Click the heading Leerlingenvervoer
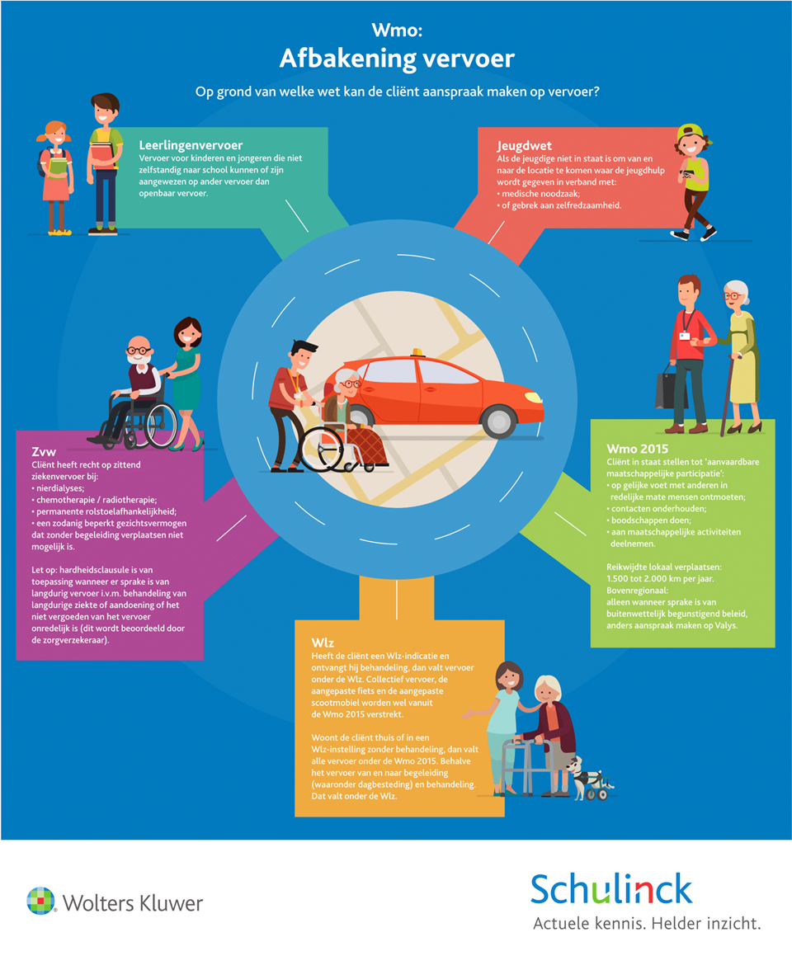[191, 145]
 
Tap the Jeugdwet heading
[524, 146]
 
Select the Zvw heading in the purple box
[44, 452]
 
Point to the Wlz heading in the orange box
[323, 643]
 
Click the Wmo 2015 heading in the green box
[637, 449]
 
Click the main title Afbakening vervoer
[397, 59]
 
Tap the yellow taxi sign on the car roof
[417, 353]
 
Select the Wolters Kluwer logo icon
[41, 901]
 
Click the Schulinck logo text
[611, 889]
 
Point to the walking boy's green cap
[691, 132]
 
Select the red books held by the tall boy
[103, 155]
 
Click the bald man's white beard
[140, 361]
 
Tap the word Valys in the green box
[725, 625]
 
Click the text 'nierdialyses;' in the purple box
[60, 488]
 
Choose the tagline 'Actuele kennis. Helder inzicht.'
[647, 924]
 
